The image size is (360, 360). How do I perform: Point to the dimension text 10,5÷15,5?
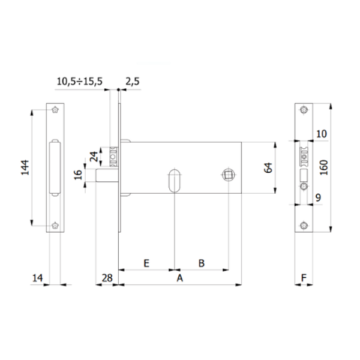tap(79, 80)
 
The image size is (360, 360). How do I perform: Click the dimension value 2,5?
tap(133, 80)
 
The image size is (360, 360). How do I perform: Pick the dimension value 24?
tap(93, 158)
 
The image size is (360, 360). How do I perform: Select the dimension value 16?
tap(79, 175)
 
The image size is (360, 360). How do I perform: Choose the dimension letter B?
tap(202, 263)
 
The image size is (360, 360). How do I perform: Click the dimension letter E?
tap(146, 263)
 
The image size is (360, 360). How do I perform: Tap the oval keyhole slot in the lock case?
tap(173, 181)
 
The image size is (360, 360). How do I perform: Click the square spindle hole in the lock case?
tap(229, 175)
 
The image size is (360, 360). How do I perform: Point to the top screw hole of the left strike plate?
tap(55, 110)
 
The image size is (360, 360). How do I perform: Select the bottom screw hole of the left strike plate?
tap(55, 226)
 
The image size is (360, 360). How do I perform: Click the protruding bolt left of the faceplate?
tap(103, 175)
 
